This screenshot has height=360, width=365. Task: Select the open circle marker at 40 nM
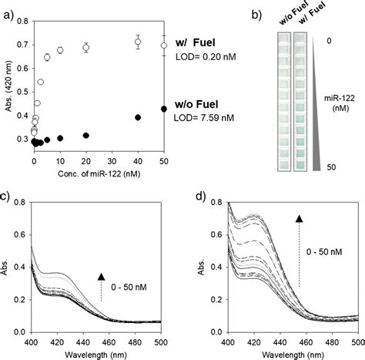pos(138,42)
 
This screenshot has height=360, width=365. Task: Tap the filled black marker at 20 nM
pos(86,136)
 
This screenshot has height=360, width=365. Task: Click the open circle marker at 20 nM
pos(86,48)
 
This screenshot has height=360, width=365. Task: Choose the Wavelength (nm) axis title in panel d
pos(289,352)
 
